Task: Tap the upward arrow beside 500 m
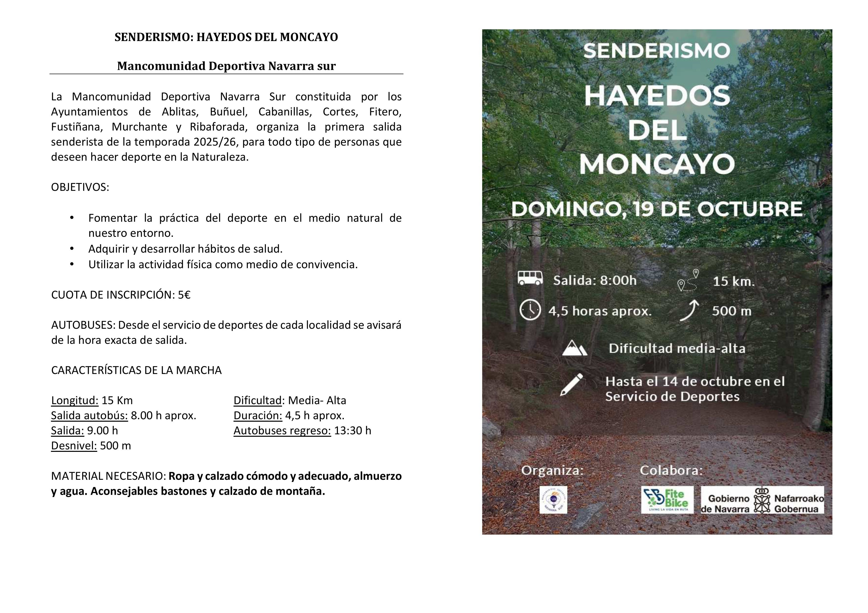coord(689,310)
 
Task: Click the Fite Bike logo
coord(667,499)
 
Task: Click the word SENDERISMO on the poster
coord(657,51)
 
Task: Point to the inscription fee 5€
coord(184,295)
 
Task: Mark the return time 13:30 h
coord(352,431)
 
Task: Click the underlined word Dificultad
coord(258,400)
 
